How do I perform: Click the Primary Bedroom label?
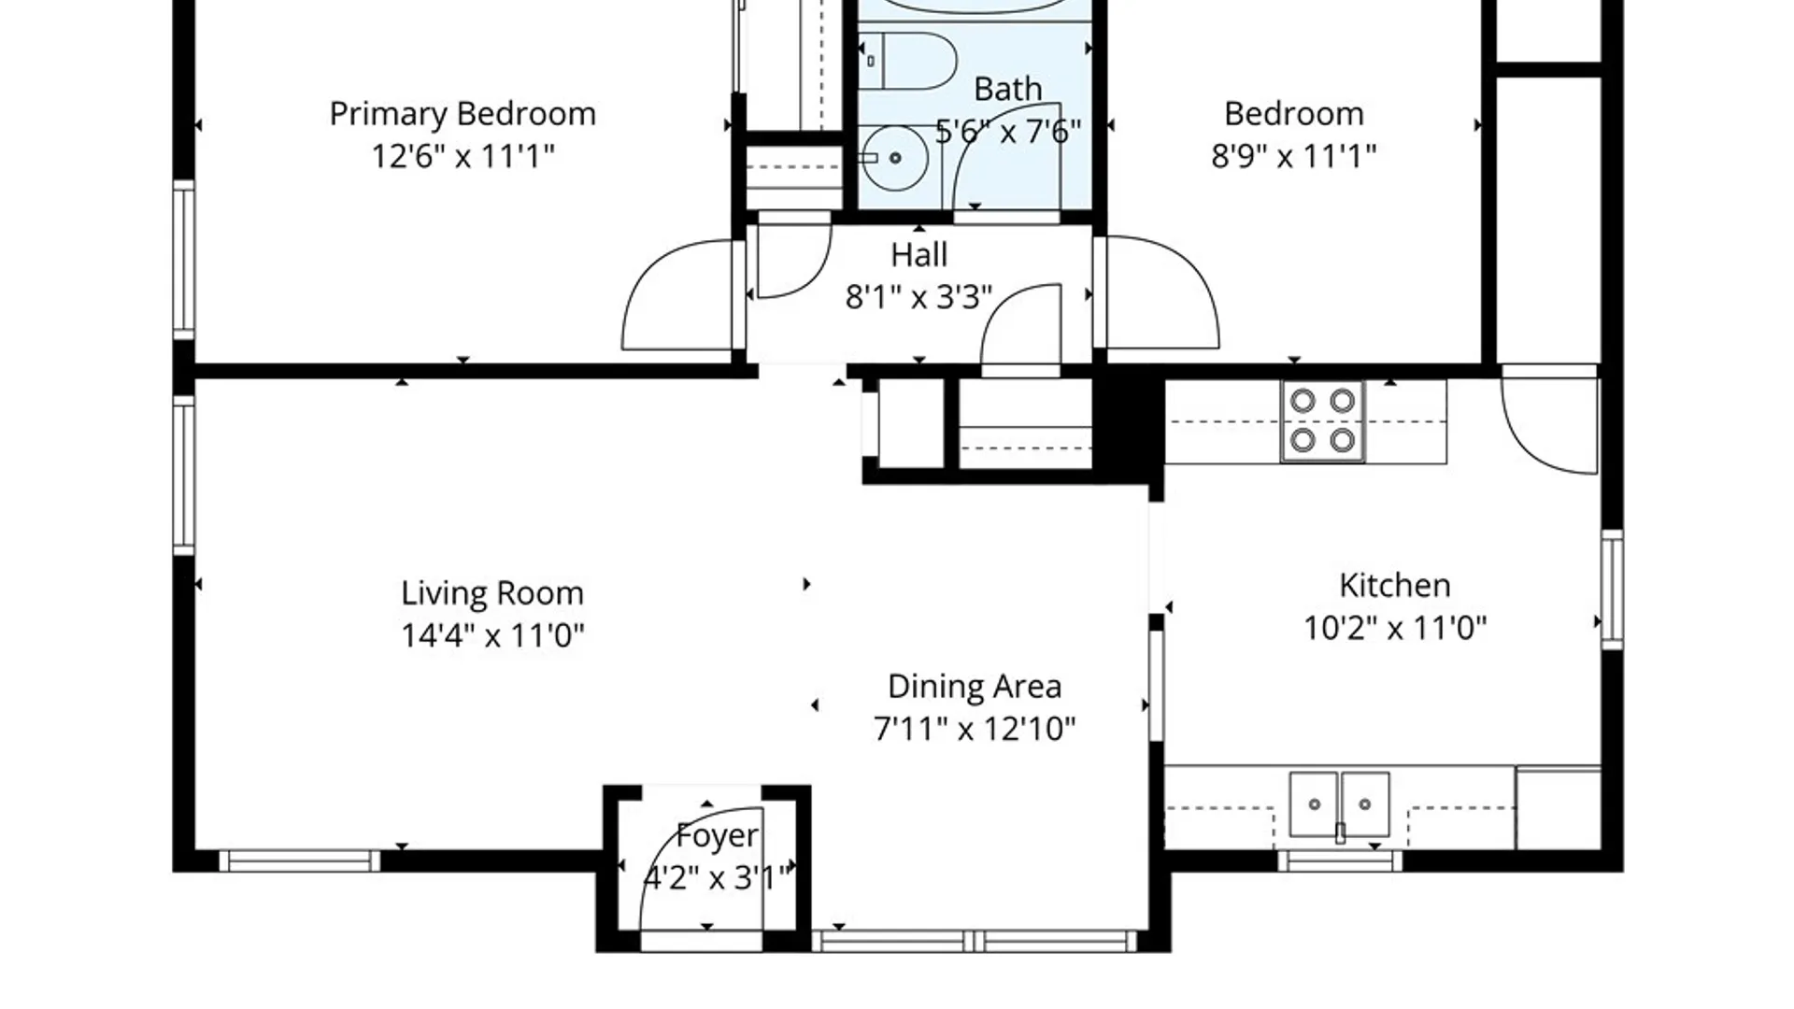[463, 115]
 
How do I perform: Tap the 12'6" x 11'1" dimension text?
[463, 155]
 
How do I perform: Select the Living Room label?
[492, 593]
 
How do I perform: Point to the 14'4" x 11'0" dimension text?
[492, 635]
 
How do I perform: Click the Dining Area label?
[975, 687]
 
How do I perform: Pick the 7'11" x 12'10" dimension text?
[975, 728]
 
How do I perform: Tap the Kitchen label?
[1395, 586]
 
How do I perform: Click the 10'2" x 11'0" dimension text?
[1395, 628]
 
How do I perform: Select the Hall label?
[918, 255]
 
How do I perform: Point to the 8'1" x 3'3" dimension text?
[918, 297]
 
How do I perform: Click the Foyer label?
[717, 836]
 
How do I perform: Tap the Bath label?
[1007, 90]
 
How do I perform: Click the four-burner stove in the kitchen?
[1322, 420]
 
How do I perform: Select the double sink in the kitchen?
[1339, 804]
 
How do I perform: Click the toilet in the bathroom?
[907, 61]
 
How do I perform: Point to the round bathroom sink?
[894, 158]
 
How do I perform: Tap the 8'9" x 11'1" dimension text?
[1294, 155]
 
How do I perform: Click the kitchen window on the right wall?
[1612, 590]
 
